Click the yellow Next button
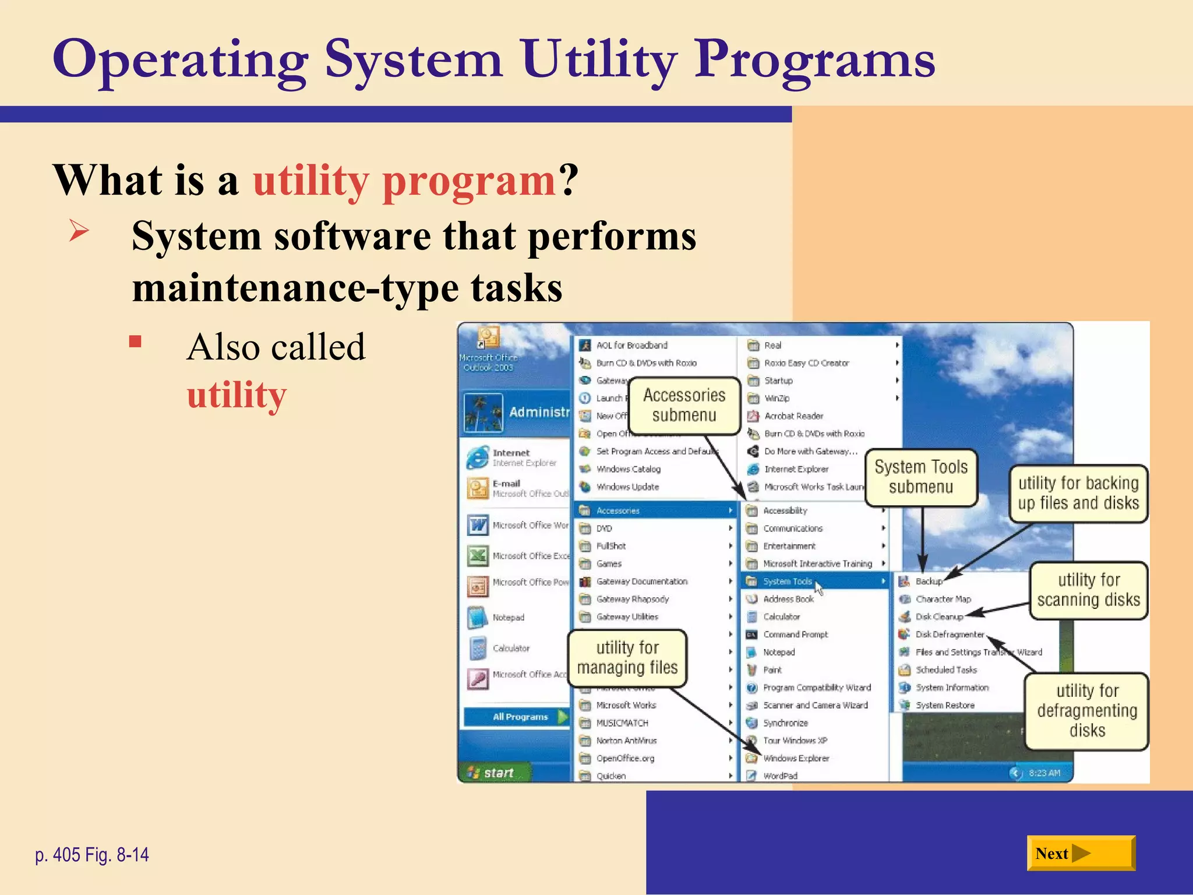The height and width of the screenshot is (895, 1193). (1081, 853)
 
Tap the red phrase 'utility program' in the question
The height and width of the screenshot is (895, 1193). (404, 181)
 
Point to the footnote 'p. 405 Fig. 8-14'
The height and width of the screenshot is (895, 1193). (92, 855)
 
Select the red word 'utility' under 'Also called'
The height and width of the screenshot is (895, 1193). (237, 394)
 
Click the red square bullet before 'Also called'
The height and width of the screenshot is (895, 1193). (135, 341)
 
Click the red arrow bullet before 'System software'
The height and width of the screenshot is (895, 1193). (79, 231)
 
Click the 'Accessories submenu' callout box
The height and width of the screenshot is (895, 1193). (684, 405)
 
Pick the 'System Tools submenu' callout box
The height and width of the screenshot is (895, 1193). (920, 477)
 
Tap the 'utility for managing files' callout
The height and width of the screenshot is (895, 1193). (627, 657)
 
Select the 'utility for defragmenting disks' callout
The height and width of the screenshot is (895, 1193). (1087, 710)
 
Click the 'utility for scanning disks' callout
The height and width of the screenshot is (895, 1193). (1088, 590)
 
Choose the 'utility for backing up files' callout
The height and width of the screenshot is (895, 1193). (1078, 493)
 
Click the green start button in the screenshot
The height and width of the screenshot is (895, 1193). (493, 773)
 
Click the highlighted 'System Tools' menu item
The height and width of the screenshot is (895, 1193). (787, 581)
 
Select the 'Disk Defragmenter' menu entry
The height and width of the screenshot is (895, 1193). (949, 634)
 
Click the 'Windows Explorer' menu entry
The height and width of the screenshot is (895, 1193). (795, 758)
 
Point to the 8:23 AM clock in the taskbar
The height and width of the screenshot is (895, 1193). (1044, 773)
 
